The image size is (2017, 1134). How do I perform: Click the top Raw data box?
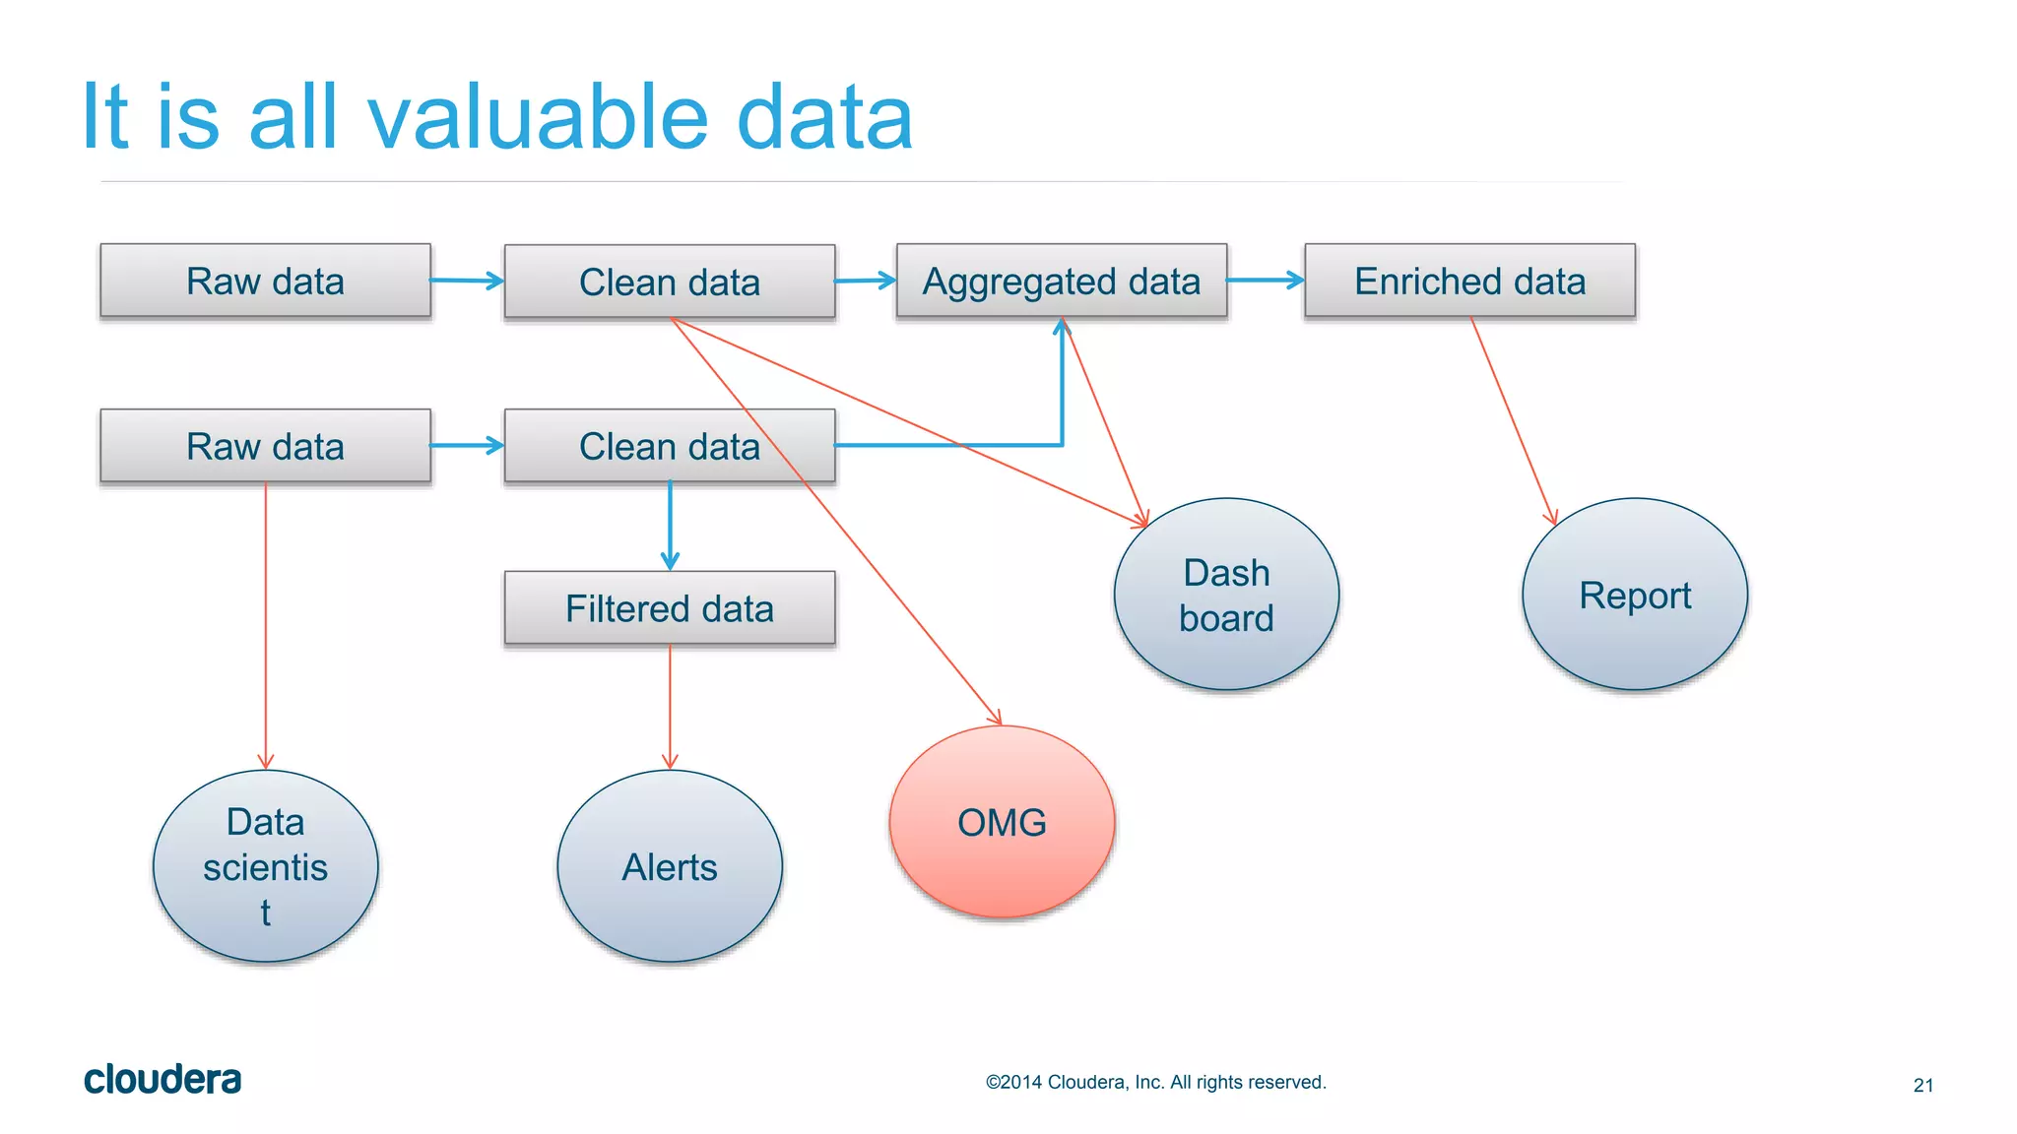point(265,281)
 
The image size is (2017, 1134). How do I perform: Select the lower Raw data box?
point(265,446)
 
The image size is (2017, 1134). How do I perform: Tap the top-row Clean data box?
point(669,282)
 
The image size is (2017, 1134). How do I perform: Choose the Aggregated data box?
point(1061,281)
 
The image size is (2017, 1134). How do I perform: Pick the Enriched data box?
point(1469,281)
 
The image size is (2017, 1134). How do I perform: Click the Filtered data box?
point(669,608)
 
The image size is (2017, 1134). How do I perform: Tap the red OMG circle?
point(1002,822)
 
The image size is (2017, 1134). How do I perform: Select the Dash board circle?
point(1226,595)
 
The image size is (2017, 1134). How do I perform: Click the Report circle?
point(1635,595)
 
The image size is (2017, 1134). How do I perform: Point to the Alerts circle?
point(669,866)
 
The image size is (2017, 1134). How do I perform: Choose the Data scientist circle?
point(265,866)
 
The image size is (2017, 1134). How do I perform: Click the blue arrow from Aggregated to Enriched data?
point(1266,281)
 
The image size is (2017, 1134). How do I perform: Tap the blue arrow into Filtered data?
point(670,527)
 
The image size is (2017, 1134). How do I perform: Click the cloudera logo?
point(163,1080)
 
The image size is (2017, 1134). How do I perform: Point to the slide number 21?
point(1922,1085)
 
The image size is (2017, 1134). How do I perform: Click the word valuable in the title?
point(538,118)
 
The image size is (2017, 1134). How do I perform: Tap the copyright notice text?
point(1155,1082)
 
